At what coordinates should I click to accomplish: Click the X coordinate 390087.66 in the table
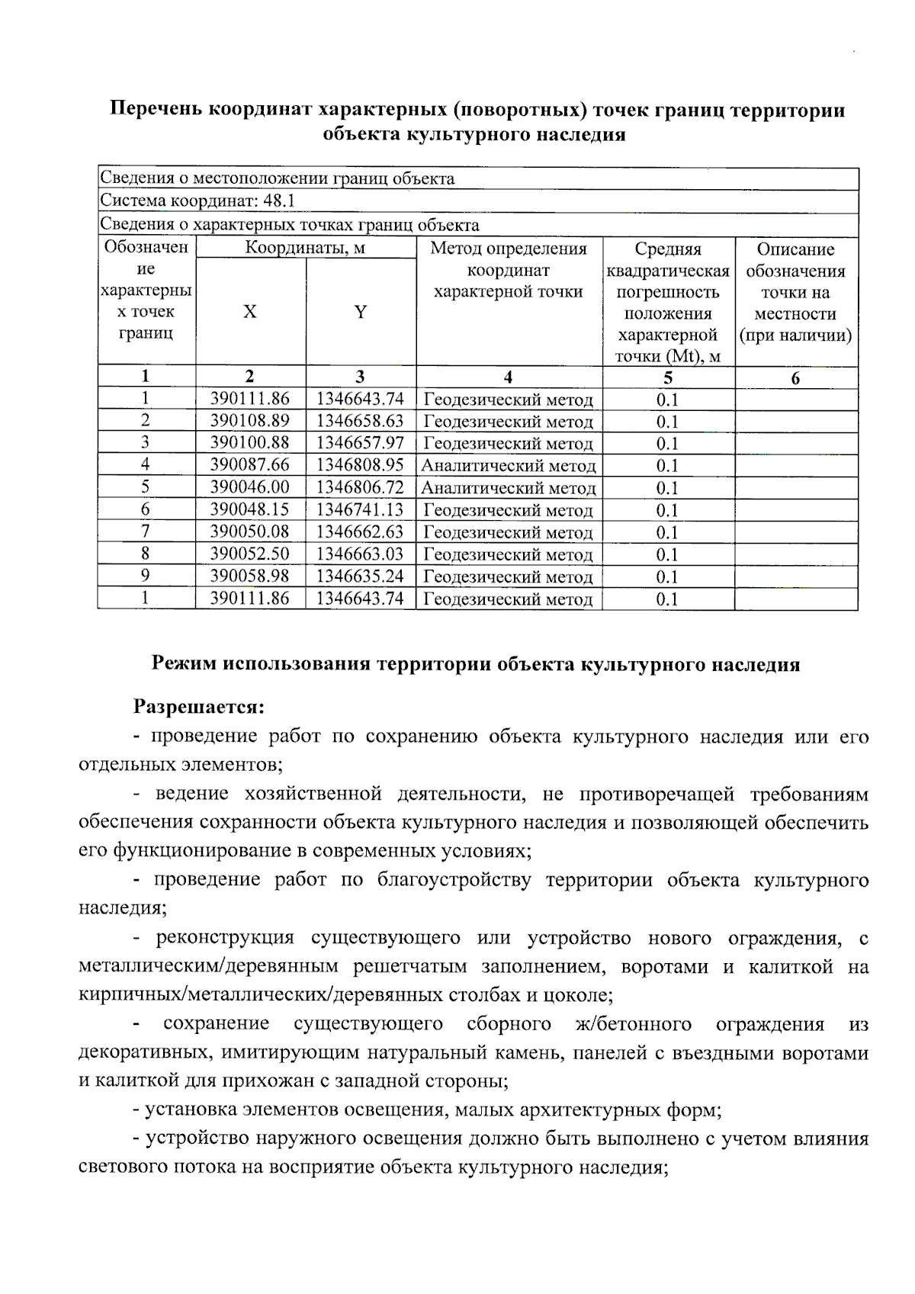[250, 464]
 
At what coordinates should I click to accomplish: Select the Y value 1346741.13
[360, 509]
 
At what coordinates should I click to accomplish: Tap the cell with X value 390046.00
[250, 486]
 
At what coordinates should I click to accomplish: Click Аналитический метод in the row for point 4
[509, 465]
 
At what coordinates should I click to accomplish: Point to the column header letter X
[250, 312]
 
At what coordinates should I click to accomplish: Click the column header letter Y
[361, 312]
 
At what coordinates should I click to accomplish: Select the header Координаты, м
[305, 248]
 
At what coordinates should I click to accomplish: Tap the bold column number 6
[795, 378]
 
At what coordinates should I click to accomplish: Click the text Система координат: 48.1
[197, 201]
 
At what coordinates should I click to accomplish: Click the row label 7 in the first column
[145, 531]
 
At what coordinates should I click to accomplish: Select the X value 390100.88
[250, 442]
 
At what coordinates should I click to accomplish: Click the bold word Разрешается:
[198, 707]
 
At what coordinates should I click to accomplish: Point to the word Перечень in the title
[155, 110]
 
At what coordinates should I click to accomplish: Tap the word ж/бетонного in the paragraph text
[633, 1023]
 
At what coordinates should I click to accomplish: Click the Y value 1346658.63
[360, 420]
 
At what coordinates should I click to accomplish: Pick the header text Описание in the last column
[795, 249]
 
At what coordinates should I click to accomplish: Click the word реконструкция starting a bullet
[225, 937]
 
